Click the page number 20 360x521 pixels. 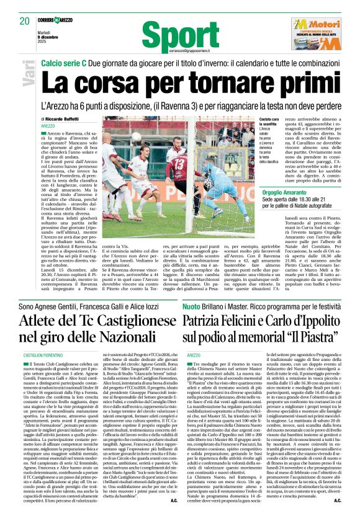25,20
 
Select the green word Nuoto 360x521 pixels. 191,306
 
